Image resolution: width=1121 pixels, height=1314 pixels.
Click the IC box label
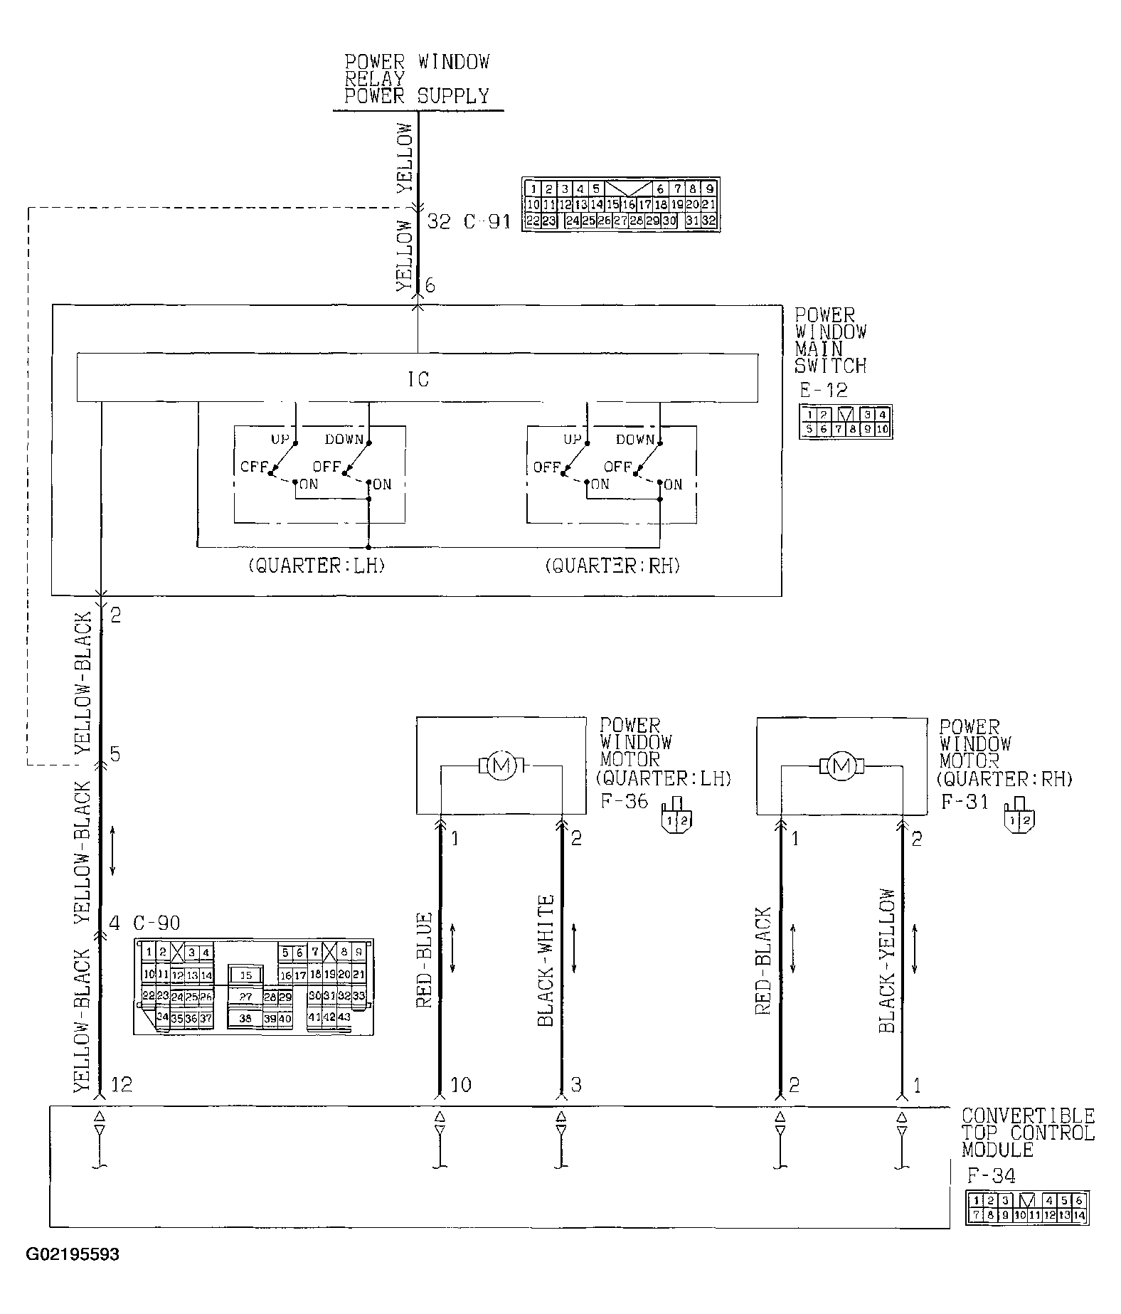418,380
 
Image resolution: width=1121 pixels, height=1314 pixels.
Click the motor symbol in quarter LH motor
502,765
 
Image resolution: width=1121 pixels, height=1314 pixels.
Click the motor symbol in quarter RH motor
841,765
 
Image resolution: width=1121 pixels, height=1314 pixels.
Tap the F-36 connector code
625,801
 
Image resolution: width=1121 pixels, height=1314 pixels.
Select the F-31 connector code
965,802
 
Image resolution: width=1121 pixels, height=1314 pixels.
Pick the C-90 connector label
156,923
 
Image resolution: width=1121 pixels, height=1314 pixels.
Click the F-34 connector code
991,1175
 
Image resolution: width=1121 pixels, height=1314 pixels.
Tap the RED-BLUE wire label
425,960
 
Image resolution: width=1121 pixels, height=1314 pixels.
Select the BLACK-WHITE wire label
546,960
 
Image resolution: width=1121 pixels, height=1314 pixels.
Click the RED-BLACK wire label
763,960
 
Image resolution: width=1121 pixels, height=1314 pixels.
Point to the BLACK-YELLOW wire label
886,960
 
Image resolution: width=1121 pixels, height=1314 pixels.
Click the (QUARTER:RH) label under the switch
612,566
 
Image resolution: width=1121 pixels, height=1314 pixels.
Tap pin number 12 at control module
121,1085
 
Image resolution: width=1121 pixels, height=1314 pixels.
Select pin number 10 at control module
460,1085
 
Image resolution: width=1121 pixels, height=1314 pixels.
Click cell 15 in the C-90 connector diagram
245,975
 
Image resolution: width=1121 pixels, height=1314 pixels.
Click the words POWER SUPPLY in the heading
417,96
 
